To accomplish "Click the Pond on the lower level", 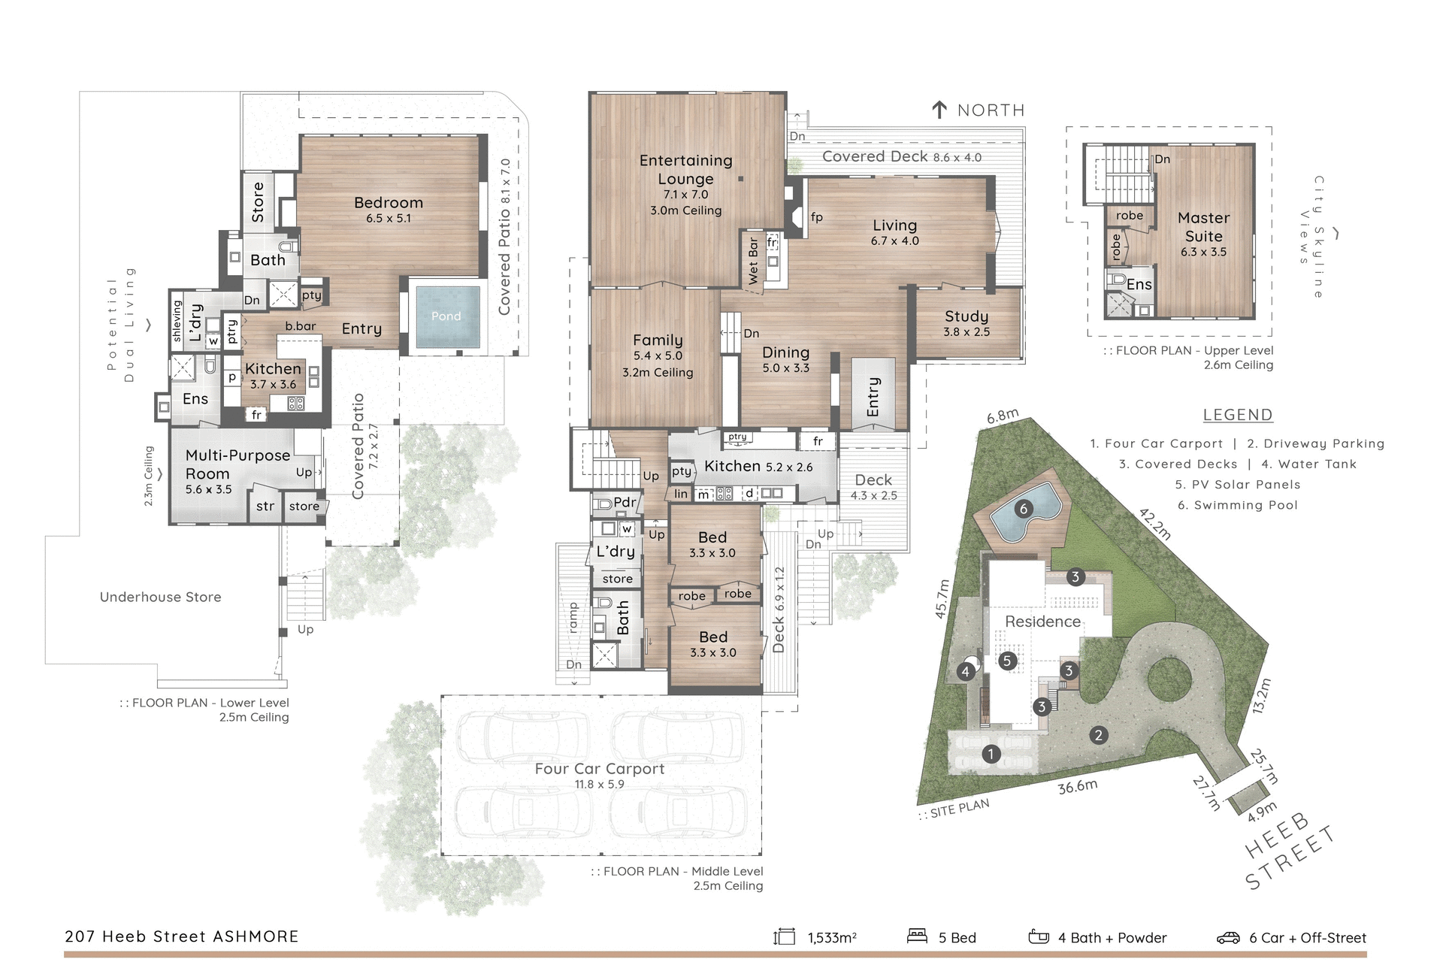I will (446, 316).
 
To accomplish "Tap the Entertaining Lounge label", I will (685, 170).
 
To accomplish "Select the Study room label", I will (967, 316).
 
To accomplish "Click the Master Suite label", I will (1203, 227).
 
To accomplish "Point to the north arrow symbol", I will (939, 110).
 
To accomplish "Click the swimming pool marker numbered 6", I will (1023, 509).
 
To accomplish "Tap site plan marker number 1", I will (991, 753).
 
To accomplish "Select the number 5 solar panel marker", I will (1007, 661).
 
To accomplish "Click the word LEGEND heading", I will (1237, 415).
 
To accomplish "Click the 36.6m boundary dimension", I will (1077, 787).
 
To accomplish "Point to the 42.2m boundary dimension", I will (1155, 524).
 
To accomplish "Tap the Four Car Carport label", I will (599, 769).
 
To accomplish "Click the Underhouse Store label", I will (160, 597).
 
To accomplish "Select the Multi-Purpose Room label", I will (237, 464).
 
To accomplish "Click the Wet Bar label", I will (753, 261).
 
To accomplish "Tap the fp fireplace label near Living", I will (817, 217).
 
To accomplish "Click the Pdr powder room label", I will (625, 502).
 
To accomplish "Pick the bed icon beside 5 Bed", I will (917, 936).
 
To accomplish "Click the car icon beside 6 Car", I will (1227, 937).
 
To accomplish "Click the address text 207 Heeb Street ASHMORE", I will (182, 936).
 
